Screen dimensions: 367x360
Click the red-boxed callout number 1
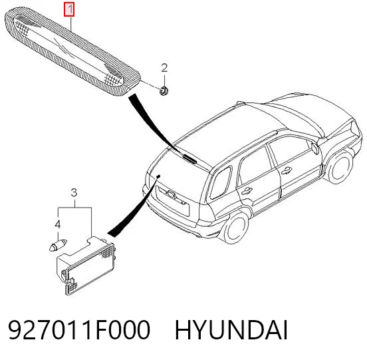point(70,10)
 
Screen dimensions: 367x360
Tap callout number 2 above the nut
point(164,68)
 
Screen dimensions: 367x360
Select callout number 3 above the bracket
point(74,193)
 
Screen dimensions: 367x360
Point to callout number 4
point(58,224)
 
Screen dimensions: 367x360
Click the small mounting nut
point(163,90)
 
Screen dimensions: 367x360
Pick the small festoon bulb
point(58,245)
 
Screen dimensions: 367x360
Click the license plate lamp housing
point(85,266)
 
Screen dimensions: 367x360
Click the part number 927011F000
point(79,331)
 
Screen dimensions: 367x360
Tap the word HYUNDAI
point(231,331)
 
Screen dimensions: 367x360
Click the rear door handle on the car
point(246,190)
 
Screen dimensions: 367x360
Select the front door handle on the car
point(287,170)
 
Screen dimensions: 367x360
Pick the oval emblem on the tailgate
point(171,194)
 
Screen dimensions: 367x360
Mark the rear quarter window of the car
point(221,182)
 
